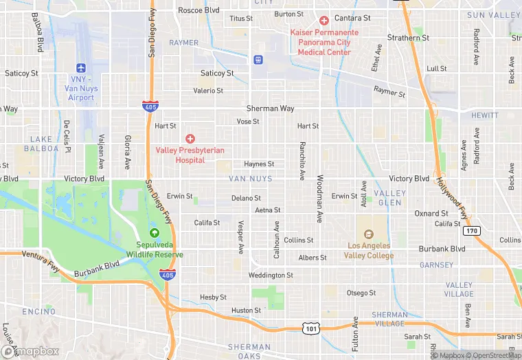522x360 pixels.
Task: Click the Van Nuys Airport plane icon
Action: pos(82,68)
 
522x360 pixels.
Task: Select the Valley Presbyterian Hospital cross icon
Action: pos(190,139)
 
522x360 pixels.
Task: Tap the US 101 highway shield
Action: pos(312,328)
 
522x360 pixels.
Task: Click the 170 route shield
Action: pos(470,231)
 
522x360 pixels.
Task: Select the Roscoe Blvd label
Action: pos(198,10)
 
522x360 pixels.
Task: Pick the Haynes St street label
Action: pos(259,164)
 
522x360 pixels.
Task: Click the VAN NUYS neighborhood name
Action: pos(251,179)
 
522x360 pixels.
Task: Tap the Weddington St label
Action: pos(271,275)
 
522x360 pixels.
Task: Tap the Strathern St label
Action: pos(408,38)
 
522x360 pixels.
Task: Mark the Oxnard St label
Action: pos(431,214)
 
